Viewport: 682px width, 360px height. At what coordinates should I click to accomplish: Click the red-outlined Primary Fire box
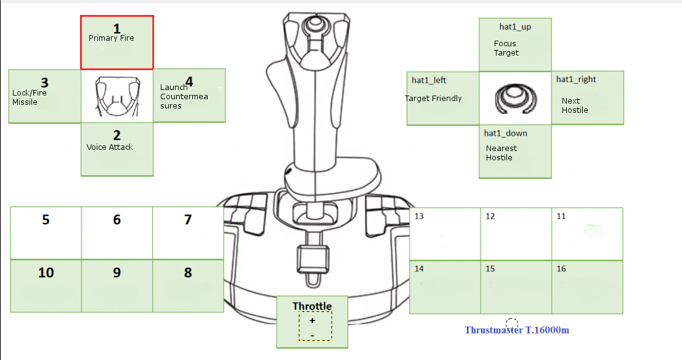tap(117, 43)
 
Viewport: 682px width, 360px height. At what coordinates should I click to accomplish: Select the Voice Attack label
tap(110, 147)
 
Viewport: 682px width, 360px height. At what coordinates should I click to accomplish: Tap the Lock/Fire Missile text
tap(29, 97)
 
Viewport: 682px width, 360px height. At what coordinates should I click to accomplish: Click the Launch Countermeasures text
tap(184, 97)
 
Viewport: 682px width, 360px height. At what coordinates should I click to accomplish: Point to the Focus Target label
tap(506, 48)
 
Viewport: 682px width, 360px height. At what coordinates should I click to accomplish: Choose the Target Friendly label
tap(433, 98)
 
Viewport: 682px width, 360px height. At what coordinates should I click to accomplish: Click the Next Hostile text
tap(575, 105)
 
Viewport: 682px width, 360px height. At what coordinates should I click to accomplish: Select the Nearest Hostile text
tap(501, 153)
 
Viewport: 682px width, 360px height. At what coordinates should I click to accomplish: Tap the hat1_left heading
tap(429, 80)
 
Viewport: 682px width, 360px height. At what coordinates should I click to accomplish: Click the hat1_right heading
tap(576, 79)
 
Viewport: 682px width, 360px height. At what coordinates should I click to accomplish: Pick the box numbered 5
tap(46, 233)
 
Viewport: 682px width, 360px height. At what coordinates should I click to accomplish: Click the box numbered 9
tap(117, 285)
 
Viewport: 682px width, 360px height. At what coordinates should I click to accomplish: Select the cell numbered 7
tap(188, 233)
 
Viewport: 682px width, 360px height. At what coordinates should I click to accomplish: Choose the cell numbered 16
tap(587, 287)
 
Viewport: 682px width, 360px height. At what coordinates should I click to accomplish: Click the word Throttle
tap(312, 306)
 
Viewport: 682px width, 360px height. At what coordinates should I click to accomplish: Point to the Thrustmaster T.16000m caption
tap(516, 330)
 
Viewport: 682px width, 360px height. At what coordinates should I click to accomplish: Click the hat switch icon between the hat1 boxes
tap(515, 99)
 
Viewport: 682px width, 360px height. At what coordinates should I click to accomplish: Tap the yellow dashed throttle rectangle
tap(315, 326)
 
